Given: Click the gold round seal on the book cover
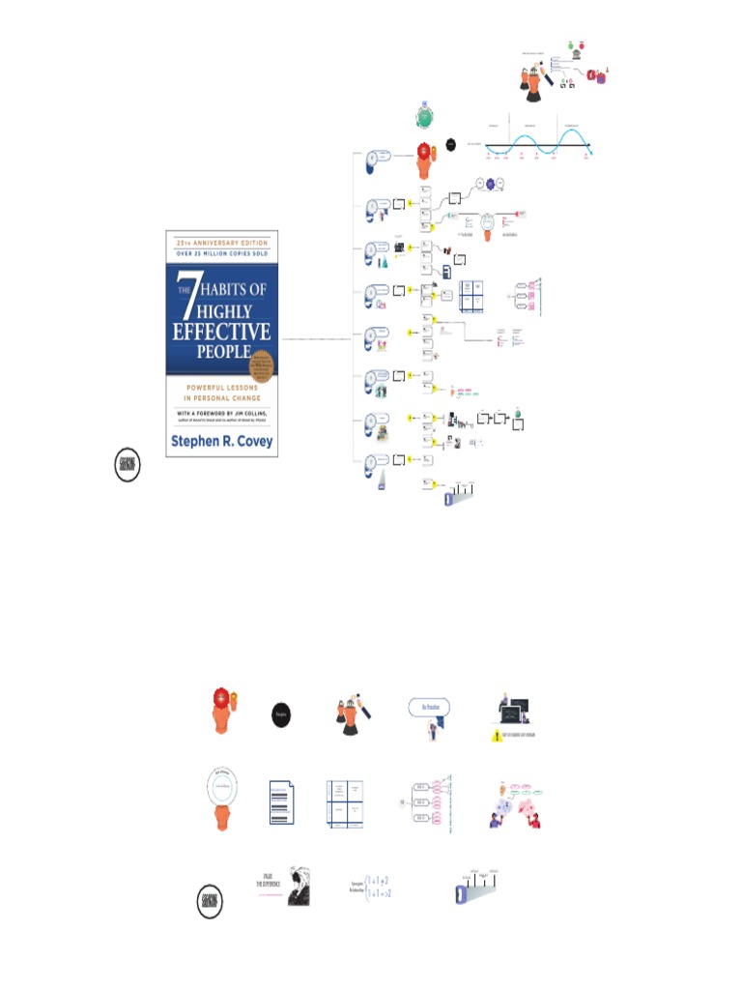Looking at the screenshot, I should coord(260,368).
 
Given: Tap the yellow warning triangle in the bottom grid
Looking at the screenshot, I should coord(493,736).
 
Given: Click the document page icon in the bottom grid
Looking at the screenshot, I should coord(281,802).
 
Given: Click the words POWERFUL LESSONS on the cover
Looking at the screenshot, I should coord(221,389).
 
